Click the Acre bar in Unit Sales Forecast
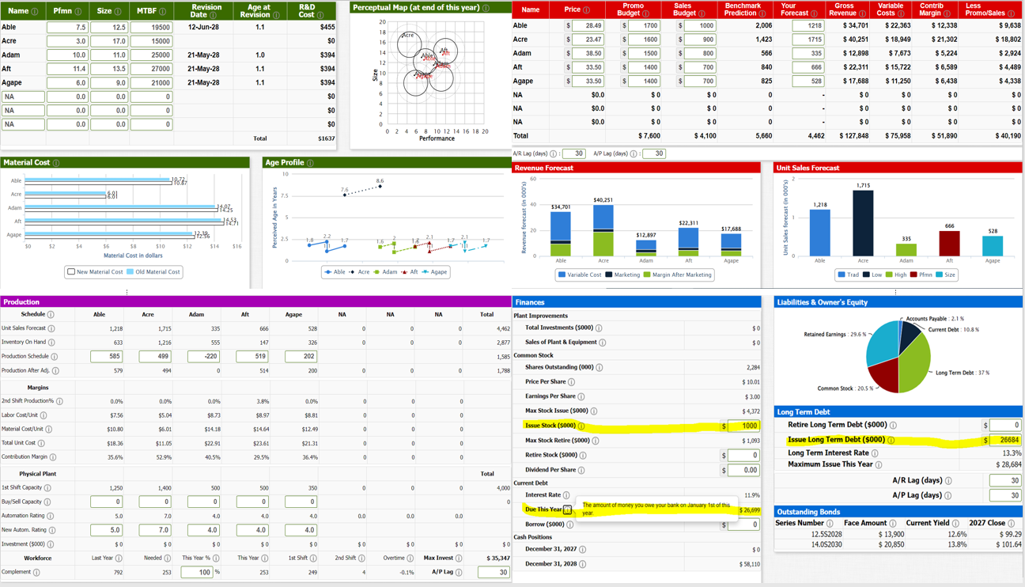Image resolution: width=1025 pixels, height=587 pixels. click(863, 223)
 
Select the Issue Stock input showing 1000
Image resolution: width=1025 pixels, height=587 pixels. click(743, 426)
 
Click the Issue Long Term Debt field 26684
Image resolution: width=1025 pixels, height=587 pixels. click(1004, 440)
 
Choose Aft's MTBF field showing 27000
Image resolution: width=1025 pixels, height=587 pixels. click(151, 69)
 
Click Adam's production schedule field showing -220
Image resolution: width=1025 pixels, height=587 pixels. click(203, 357)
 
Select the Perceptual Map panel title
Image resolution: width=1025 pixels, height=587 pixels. click(416, 8)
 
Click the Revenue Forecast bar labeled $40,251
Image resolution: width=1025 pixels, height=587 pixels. click(603, 229)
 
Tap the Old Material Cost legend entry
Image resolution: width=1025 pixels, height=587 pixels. click(153, 271)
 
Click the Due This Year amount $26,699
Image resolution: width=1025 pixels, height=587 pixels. click(748, 510)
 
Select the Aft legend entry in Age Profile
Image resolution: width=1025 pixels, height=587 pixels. click(408, 271)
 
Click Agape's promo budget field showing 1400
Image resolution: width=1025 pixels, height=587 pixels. click(645, 81)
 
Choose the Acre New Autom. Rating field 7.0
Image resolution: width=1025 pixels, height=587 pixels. click(154, 530)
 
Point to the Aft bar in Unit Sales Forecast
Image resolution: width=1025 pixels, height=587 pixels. click(949, 244)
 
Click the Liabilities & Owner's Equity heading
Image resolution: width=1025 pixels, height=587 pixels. click(822, 302)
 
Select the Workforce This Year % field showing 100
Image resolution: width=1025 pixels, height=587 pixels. click(196, 572)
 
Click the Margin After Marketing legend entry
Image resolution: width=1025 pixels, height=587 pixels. click(678, 275)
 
